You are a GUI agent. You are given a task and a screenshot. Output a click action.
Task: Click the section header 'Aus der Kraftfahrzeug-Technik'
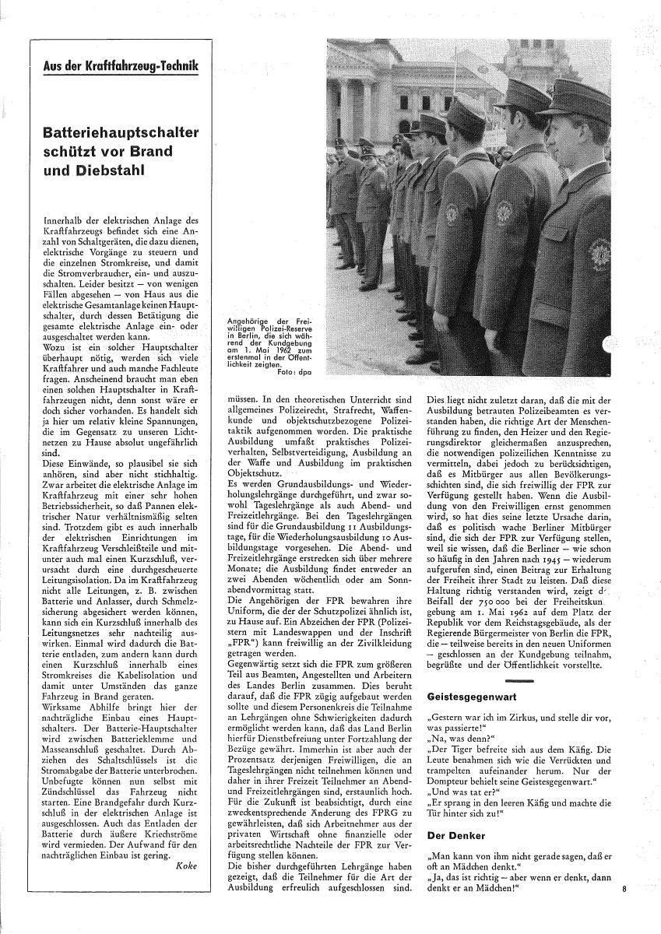pos(121,68)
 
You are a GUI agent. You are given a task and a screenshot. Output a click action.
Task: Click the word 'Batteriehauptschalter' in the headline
pos(121,133)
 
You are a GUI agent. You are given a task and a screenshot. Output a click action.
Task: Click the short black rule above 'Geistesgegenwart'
pos(514,681)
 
